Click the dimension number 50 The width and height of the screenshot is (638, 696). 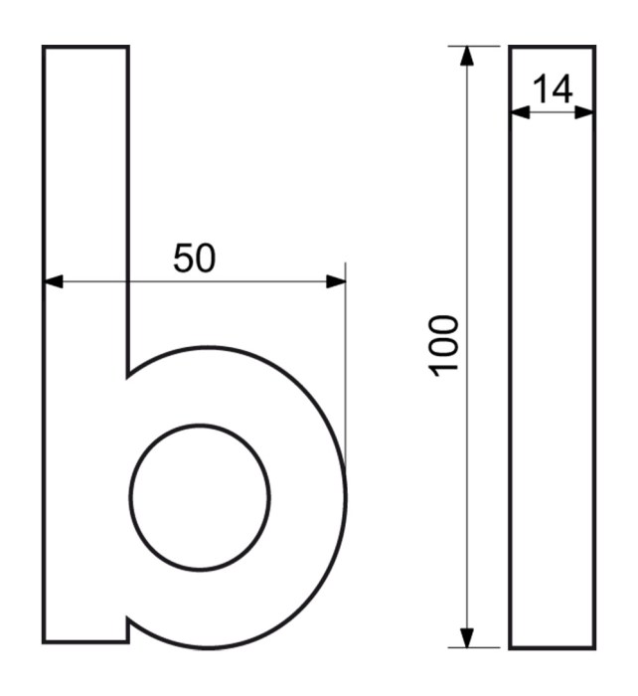195,258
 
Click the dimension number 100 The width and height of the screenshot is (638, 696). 443,346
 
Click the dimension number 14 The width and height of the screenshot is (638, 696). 552,88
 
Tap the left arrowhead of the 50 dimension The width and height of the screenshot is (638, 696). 54,281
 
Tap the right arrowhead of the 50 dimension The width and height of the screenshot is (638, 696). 336,281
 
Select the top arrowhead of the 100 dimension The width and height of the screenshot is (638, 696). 467,56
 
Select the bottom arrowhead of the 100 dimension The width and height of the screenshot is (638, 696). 467,638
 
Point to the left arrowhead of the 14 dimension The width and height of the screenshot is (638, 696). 521,112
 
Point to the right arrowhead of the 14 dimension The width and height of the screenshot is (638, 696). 584,112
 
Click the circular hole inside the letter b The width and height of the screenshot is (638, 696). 200,497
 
